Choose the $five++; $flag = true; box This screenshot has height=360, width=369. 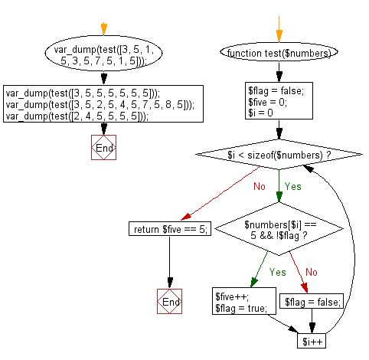point(241,303)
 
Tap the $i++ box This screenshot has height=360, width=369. point(311,341)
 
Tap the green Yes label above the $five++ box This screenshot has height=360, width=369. point(277,271)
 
